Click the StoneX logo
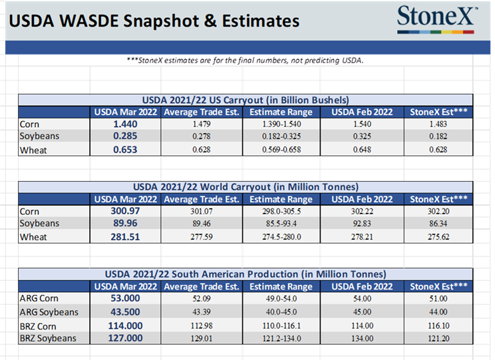437,19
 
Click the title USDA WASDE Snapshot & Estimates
154,21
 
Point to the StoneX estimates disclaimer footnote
249,61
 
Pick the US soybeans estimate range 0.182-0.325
281,137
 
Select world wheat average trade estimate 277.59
201,237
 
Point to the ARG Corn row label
39,299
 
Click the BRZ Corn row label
39,326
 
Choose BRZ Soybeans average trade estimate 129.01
201,338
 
